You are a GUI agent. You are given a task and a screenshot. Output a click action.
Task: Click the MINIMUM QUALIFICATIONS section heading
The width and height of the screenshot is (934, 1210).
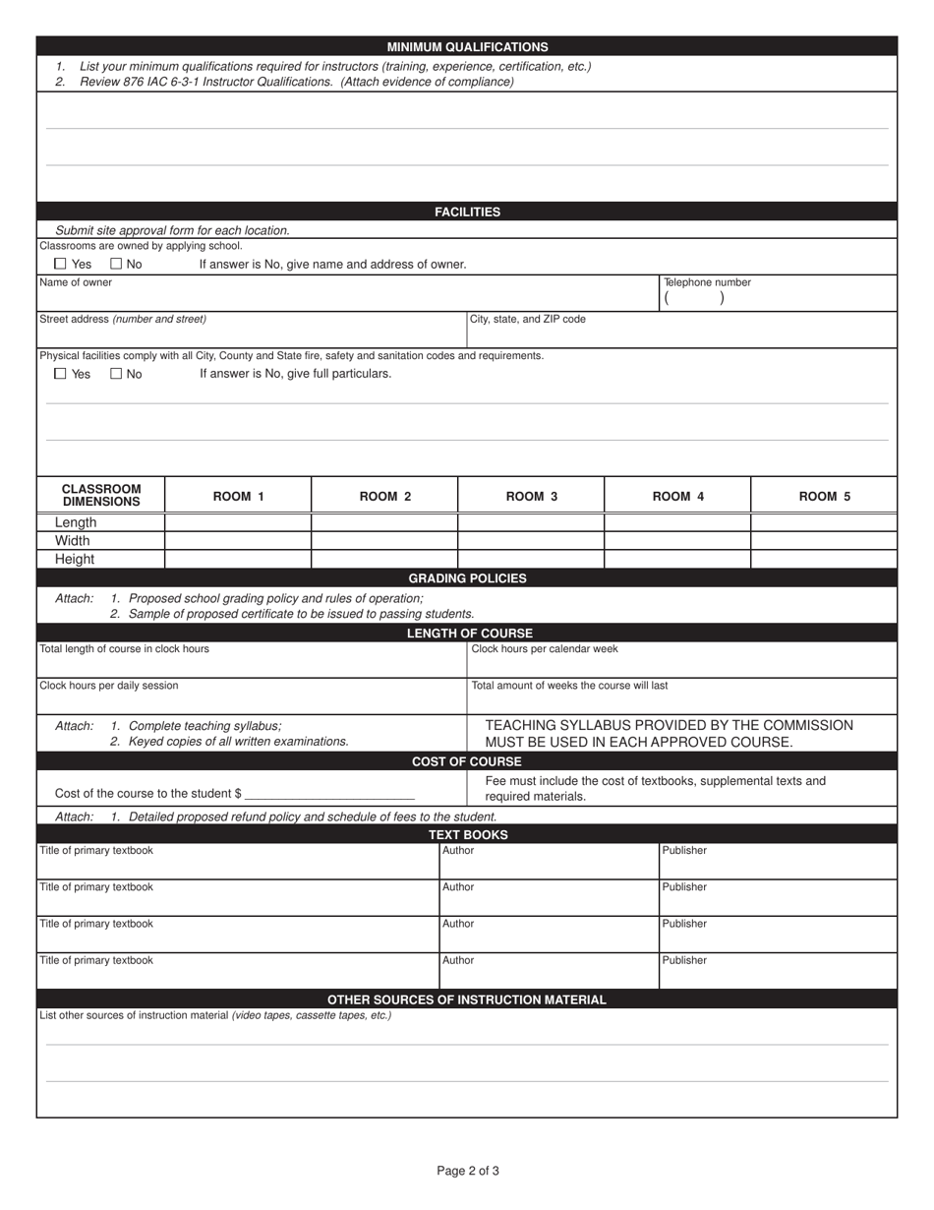pos(467,46)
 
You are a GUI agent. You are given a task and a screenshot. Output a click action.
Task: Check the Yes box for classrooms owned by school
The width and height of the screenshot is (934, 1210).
pos(61,264)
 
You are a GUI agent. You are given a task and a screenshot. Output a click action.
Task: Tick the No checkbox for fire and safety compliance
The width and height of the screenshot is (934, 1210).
pos(116,374)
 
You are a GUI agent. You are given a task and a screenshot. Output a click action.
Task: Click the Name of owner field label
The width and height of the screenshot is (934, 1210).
pos(76,282)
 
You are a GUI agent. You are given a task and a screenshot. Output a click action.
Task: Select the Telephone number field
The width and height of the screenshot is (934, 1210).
pos(777,299)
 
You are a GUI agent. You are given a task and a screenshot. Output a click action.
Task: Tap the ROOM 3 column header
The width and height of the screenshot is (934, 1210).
pos(531,496)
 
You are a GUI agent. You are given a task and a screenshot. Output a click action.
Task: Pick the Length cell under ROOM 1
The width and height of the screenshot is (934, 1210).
pos(238,522)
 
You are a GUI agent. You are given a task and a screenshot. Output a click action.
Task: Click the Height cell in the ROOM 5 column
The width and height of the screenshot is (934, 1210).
pos(824,559)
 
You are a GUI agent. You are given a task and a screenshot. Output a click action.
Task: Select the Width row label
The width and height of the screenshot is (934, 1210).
pos(73,541)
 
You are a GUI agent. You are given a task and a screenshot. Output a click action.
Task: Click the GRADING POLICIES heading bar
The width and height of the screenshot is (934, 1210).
pos(467,578)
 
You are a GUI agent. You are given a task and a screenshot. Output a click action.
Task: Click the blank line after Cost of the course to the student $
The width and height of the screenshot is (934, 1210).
pos(329,792)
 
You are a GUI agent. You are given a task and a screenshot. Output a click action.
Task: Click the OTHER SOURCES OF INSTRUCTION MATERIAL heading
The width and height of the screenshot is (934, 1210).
pos(467,999)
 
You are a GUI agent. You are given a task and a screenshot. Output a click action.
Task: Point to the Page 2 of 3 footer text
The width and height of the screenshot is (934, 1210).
pos(468,1171)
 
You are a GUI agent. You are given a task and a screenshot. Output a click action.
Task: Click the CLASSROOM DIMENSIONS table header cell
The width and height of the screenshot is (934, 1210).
pos(101,495)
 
